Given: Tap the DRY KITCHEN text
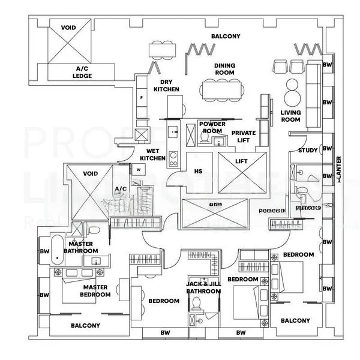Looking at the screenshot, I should [166, 86].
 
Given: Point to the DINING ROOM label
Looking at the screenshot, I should [224, 69].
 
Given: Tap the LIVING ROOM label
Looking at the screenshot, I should [290, 116].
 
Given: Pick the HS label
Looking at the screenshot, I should [198, 171].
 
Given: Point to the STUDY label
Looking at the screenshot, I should [307, 151].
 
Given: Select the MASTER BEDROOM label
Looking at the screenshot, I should [96, 291].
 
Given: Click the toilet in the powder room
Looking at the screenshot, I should [204, 139].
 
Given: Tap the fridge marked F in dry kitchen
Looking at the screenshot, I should [141, 97].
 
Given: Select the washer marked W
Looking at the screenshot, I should [138, 170].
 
